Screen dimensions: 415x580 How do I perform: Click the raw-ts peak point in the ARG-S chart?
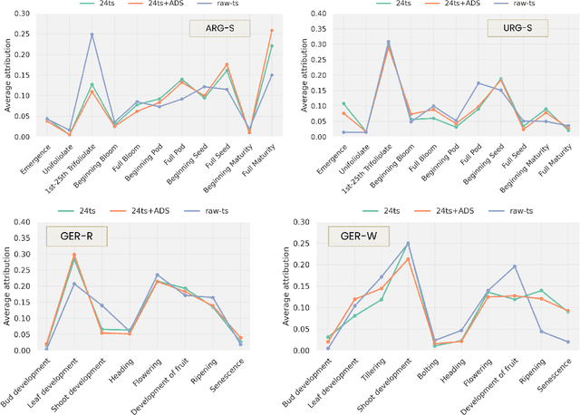click(x=92, y=34)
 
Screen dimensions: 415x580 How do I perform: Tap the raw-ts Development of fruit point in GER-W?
click(x=514, y=266)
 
